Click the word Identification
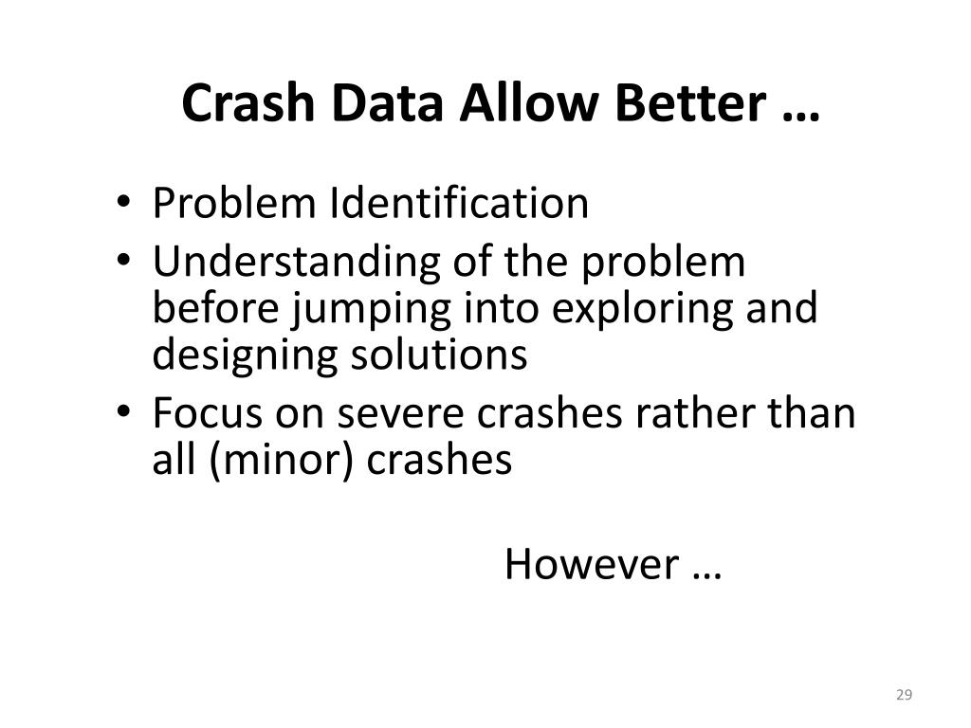(x=459, y=203)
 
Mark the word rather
(x=691, y=413)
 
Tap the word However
(x=592, y=565)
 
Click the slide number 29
(x=903, y=696)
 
